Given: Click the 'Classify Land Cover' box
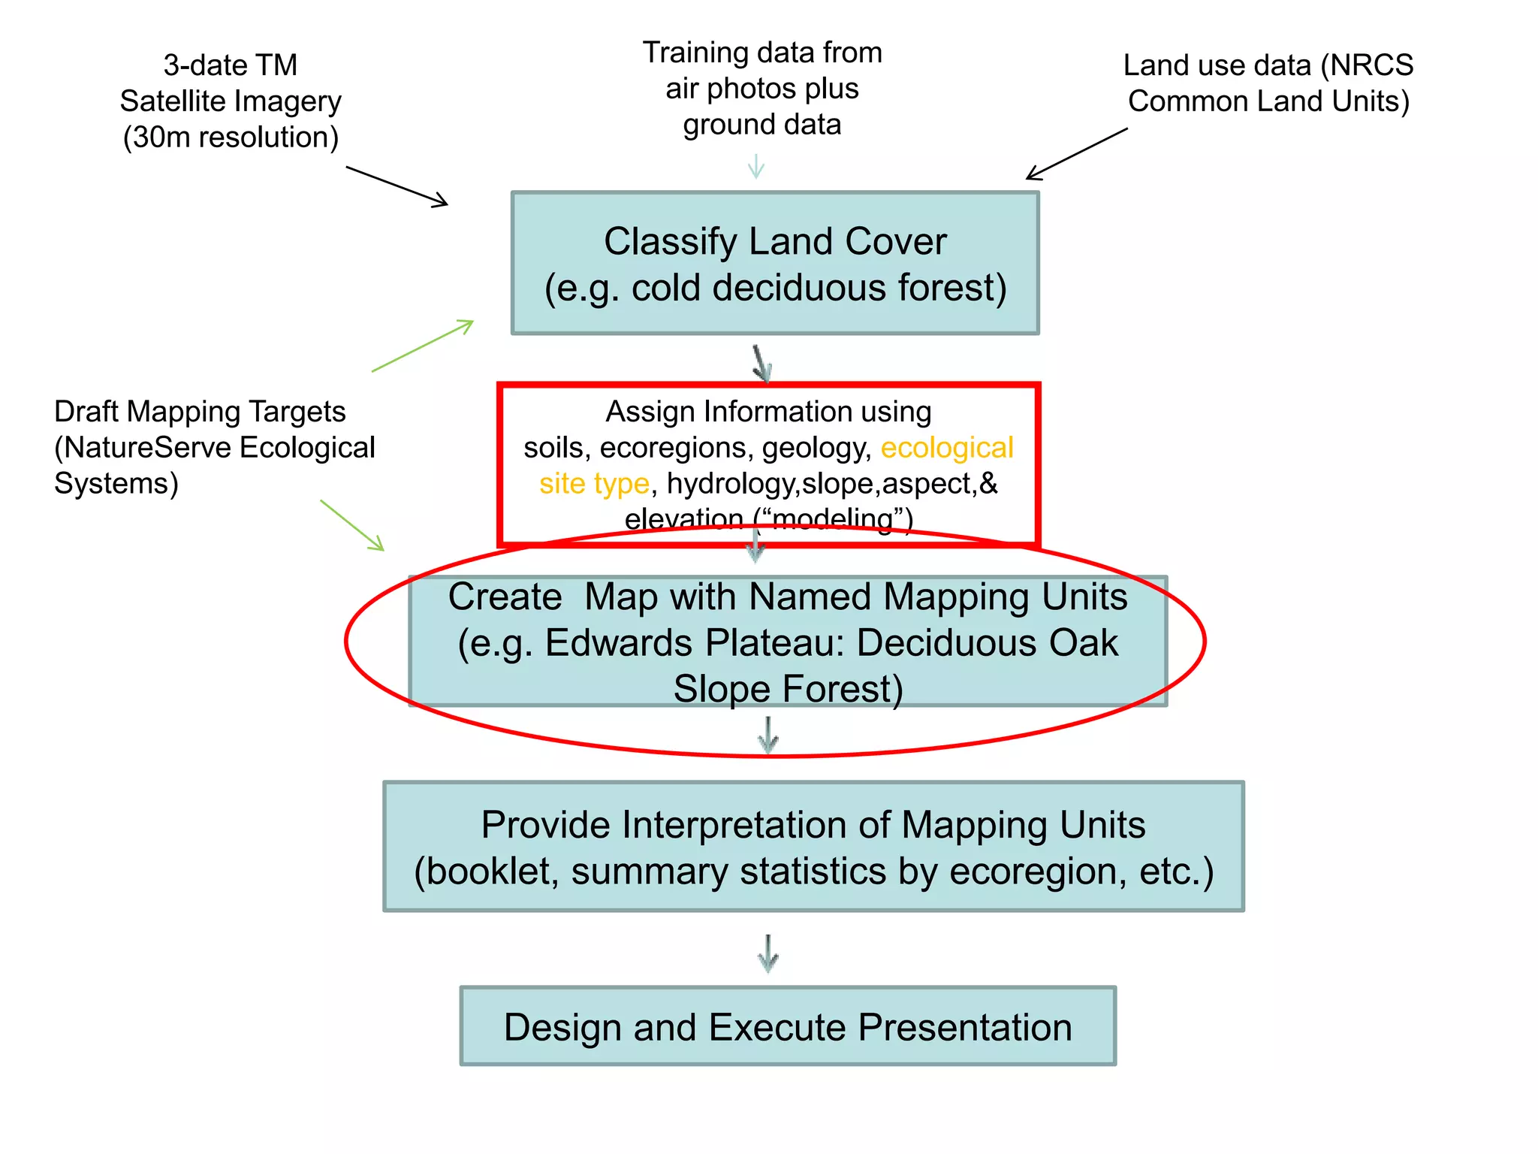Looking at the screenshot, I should tap(775, 263).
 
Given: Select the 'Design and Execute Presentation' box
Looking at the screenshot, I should tap(788, 1026).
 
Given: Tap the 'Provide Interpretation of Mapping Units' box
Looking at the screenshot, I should tap(813, 847).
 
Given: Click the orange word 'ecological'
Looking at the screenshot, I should tap(947, 448).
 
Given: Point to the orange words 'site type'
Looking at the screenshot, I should tap(594, 483).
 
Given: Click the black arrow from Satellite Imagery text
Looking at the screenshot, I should tap(397, 186).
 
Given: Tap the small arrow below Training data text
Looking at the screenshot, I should tap(756, 166).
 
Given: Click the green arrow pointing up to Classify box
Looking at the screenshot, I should tap(423, 346).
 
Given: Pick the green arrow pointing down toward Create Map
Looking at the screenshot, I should tap(352, 525).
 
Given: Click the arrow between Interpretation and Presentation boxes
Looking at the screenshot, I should tap(767, 953).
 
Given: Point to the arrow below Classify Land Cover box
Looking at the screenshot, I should tap(762, 364).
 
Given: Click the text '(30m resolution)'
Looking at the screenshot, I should tap(231, 137).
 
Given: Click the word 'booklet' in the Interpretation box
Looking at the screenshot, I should tap(492, 872).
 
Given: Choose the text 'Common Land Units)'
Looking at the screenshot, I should tap(1268, 101).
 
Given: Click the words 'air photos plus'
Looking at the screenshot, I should tap(761, 89).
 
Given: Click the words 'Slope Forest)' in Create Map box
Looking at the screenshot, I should tap(788, 689).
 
